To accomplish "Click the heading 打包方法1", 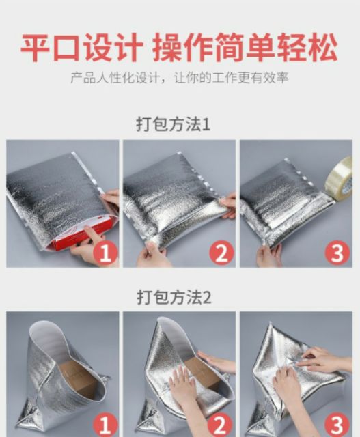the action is pyautogui.click(x=173, y=124).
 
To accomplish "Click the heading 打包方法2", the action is pyautogui.click(x=174, y=298).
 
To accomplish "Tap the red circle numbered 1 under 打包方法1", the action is pyautogui.click(x=105, y=253).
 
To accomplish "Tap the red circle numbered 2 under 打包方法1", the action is pyautogui.click(x=222, y=253).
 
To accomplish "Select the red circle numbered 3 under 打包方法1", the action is pyautogui.click(x=337, y=253).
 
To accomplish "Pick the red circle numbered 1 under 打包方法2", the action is pyautogui.click(x=105, y=425).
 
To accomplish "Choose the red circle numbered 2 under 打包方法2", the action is pyautogui.click(x=221, y=425).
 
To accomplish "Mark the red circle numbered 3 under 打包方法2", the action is pyautogui.click(x=337, y=425).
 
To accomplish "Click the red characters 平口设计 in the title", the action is pyautogui.click(x=82, y=47).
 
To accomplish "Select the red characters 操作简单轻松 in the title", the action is pyautogui.click(x=245, y=47).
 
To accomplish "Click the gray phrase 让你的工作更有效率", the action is pyautogui.click(x=231, y=78).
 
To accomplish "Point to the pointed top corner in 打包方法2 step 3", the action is pyautogui.click(x=270, y=323).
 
